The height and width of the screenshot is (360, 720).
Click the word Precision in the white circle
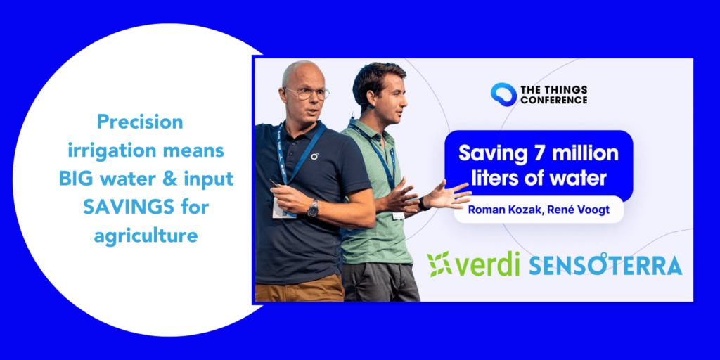coord(140,122)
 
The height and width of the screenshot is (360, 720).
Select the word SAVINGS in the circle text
coord(124,207)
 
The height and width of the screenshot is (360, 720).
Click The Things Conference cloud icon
coord(503,94)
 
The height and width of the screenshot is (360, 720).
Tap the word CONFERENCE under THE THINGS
coord(554,99)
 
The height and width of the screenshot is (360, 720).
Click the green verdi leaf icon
coord(439,264)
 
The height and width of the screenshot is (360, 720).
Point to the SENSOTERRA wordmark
coord(605,265)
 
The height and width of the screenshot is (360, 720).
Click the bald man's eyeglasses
coord(307,94)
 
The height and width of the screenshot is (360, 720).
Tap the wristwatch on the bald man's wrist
coord(313,207)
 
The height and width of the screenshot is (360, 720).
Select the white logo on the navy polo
coord(314,155)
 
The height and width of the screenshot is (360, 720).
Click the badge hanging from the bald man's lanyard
coord(282,207)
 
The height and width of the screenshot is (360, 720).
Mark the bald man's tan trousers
coord(299,289)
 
